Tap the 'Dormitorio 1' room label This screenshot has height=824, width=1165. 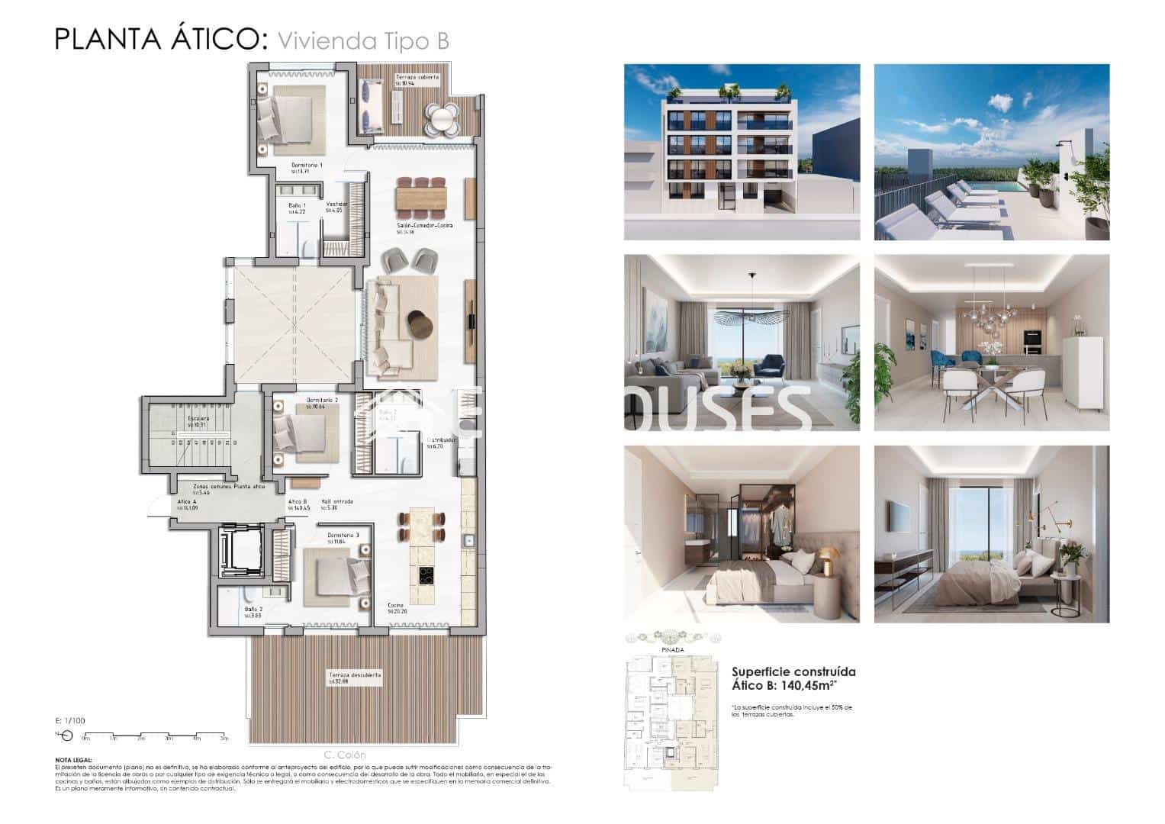pos(307,165)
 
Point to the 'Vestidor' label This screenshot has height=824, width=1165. pos(336,204)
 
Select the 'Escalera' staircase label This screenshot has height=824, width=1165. pos(198,418)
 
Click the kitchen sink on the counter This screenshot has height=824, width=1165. pos(469,541)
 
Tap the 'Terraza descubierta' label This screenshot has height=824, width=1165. pos(355,675)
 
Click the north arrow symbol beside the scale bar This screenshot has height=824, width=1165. pos(65,735)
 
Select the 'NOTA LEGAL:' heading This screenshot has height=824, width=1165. pos(74,760)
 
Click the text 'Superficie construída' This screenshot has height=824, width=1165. pos(793,671)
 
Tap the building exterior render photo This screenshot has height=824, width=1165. pos(742,152)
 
